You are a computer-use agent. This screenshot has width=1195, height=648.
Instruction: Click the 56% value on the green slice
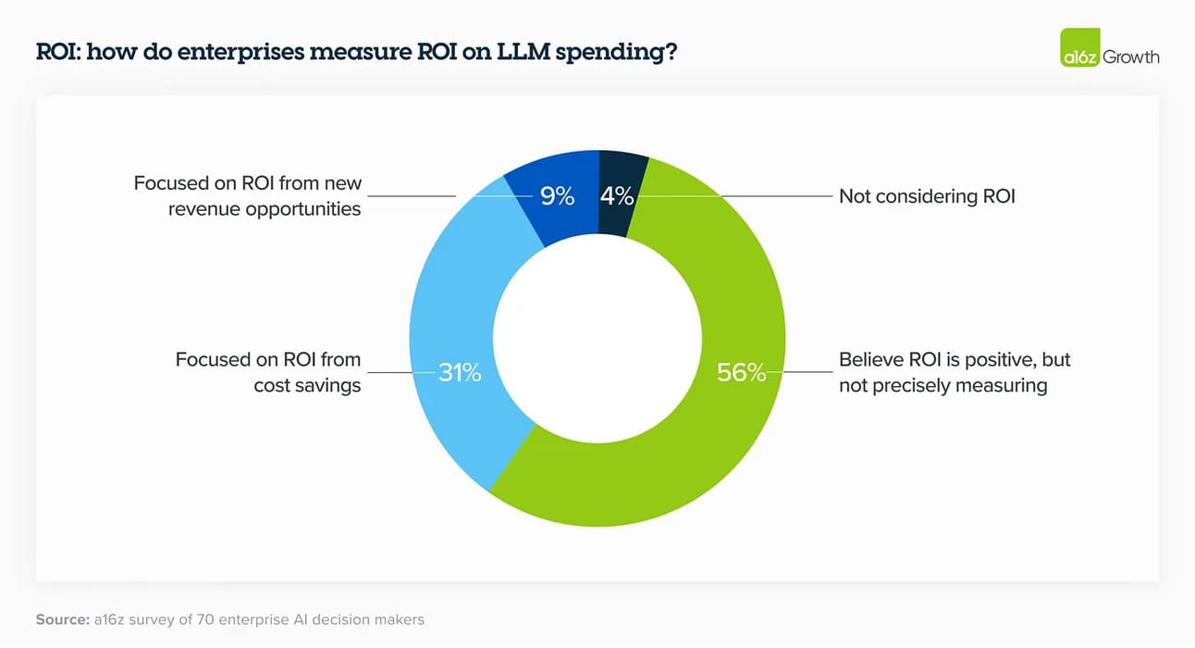pyautogui.click(x=742, y=373)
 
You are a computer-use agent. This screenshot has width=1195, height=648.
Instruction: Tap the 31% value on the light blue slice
pyautogui.click(x=460, y=373)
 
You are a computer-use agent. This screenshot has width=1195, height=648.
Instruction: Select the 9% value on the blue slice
pyautogui.click(x=557, y=196)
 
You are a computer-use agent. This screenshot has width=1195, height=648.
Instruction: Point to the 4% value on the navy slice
pyautogui.click(x=617, y=196)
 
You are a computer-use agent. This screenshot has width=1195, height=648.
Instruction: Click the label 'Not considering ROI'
pyautogui.click(x=927, y=196)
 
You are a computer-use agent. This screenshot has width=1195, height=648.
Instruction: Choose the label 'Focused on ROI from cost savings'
pyautogui.click(x=268, y=372)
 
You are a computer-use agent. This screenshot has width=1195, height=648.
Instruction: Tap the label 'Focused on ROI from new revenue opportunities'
pyautogui.click(x=247, y=195)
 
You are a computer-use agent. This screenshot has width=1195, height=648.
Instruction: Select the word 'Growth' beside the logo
pyautogui.click(x=1130, y=56)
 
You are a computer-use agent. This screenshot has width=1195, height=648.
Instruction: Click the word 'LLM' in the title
pyautogui.click(x=521, y=53)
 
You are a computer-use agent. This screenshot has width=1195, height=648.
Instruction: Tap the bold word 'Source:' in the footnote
pyautogui.click(x=62, y=619)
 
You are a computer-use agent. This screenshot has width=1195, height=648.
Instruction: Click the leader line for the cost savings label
pyautogui.click(x=398, y=373)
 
